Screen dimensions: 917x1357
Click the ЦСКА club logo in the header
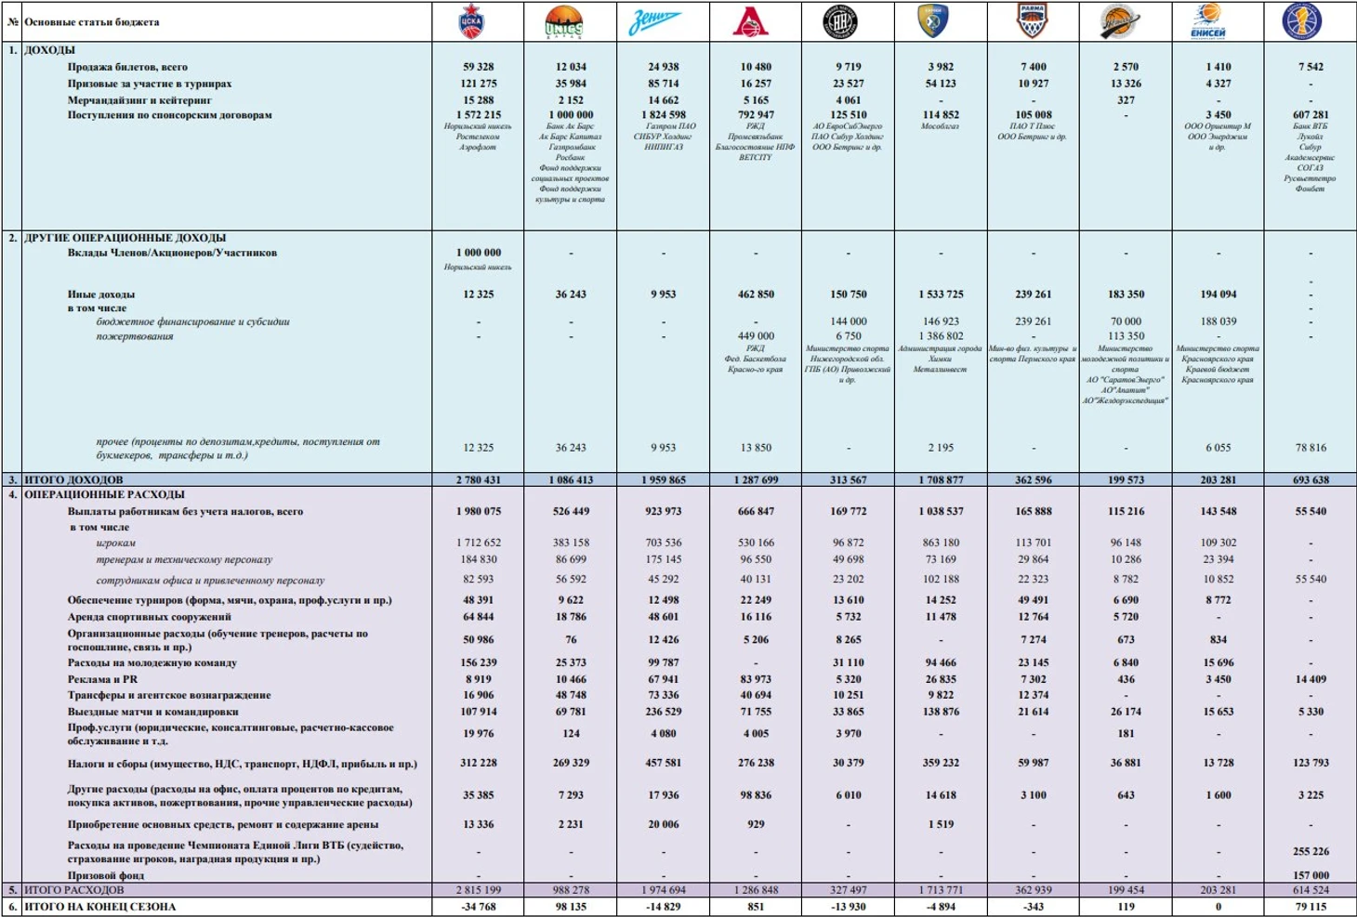(472, 22)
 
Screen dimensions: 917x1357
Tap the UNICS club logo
(564, 22)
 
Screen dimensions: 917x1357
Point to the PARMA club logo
(1032, 21)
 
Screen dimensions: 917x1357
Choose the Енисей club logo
(1207, 21)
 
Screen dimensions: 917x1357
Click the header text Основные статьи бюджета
(91, 22)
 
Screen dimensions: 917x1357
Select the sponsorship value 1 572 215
(479, 115)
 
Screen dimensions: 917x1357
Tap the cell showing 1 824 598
(664, 115)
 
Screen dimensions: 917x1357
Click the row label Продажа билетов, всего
(127, 67)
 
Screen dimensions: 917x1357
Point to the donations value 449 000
(756, 336)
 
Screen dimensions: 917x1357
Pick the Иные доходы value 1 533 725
(941, 295)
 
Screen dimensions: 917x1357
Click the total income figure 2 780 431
(479, 480)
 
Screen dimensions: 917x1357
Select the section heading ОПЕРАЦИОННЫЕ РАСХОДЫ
(104, 495)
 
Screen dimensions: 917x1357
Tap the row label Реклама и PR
(102, 679)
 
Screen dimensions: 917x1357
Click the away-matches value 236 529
(664, 712)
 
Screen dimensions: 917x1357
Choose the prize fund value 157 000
(1311, 875)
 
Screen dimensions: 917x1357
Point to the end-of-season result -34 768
(479, 907)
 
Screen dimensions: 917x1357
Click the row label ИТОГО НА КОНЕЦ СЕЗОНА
(99, 907)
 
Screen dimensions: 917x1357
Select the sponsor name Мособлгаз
(940, 126)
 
